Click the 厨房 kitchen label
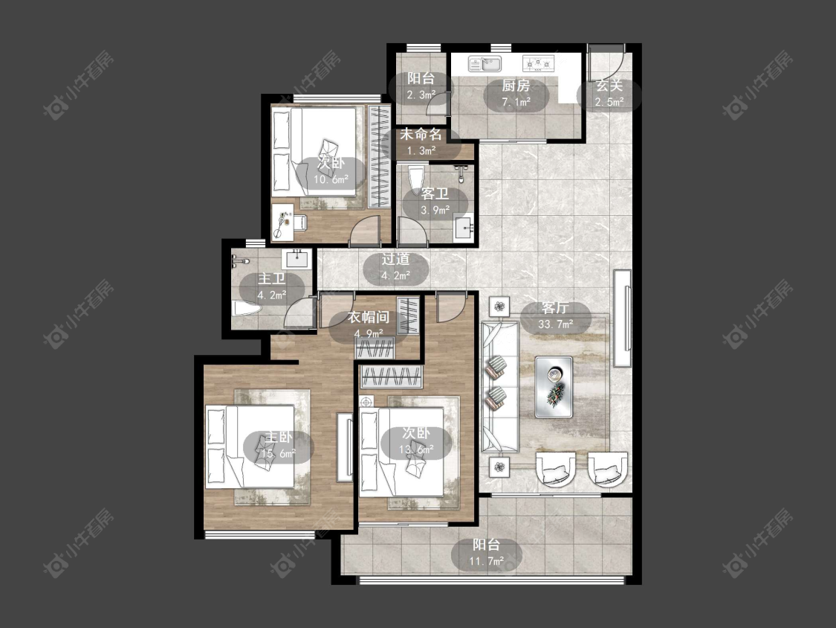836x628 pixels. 516,86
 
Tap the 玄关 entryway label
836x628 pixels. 609,86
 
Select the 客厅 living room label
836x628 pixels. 555,307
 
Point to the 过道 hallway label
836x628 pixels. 395,259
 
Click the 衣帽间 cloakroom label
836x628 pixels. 369,317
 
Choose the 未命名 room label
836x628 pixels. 421,133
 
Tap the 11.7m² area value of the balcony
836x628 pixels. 487,561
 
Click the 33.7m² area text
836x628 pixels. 556,324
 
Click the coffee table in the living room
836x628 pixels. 554,387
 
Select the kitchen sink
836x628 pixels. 485,64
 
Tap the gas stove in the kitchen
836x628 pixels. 538,64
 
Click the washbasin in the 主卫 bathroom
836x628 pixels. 297,259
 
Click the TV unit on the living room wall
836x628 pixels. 622,318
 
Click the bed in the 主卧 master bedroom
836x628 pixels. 250,446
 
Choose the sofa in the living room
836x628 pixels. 499,387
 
